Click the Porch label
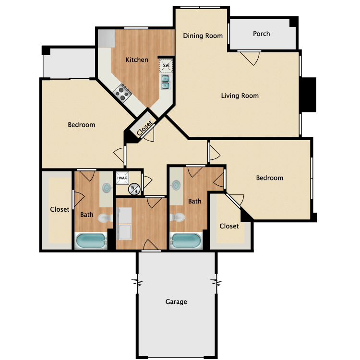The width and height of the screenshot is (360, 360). pyautogui.click(x=261, y=34)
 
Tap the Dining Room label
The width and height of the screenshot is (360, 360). pyautogui.click(x=203, y=36)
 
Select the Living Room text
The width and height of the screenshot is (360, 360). pyautogui.click(x=240, y=96)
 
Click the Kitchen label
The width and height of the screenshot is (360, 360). pyautogui.click(x=137, y=60)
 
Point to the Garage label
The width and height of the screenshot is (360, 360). pyautogui.click(x=176, y=301)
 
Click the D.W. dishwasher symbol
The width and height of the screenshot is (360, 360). pyautogui.click(x=166, y=66)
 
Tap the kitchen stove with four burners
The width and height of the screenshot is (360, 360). pyautogui.click(x=122, y=93)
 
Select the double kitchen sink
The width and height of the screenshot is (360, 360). pyautogui.click(x=166, y=82)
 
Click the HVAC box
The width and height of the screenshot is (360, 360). pyautogui.click(x=122, y=178)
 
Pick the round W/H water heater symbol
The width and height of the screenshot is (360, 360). pyautogui.click(x=134, y=190)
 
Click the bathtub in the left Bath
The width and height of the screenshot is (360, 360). pyautogui.click(x=91, y=240)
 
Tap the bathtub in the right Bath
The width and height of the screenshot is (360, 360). pyautogui.click(x=186, y=240)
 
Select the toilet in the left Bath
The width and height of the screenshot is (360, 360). pyautogui.click(x=105, y=218)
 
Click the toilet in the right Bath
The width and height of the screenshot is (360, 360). pyautogui.click(x=177, y=217)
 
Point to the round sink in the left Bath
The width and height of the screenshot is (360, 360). pyautogui.click(x=107, y=188)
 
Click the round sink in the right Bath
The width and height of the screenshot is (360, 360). pyautogui.click(x=176, y=185)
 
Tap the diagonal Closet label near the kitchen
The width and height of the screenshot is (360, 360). pyautogui.click(x=144, y=128)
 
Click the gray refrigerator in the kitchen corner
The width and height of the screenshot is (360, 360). pyautogui.click(x=106, y=38)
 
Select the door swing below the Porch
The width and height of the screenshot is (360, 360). pyautogui.click(x=250, y=58)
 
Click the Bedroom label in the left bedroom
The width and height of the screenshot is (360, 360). pyautogui.click(x=81, y=125)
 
